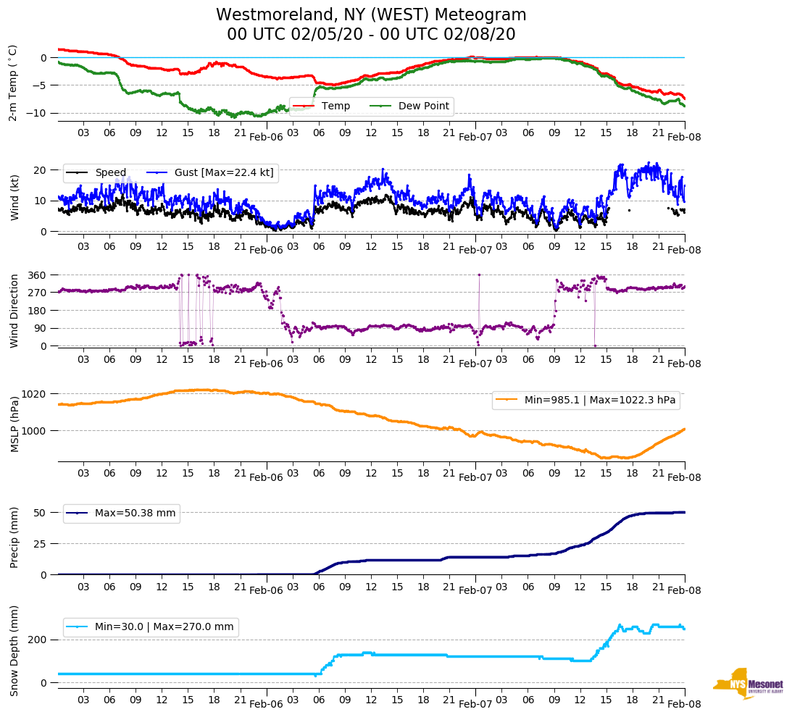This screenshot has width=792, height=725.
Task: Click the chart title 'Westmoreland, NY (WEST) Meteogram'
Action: coord(371,15)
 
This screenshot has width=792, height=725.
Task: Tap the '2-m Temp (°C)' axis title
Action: coord(13,83)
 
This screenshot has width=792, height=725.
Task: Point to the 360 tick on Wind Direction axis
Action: coord(38,275)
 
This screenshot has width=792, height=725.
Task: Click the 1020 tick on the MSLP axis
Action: coord(36,394)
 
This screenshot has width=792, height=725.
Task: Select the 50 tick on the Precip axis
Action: coord(41,513)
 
